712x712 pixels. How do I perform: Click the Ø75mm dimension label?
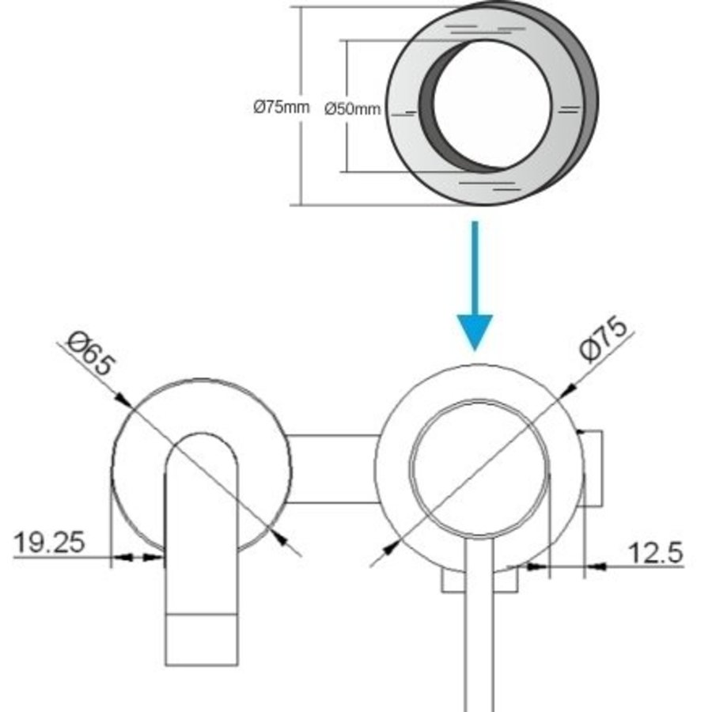[281, 108]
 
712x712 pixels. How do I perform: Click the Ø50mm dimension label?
[353, 109]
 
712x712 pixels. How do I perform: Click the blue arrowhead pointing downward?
[475, 331]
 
